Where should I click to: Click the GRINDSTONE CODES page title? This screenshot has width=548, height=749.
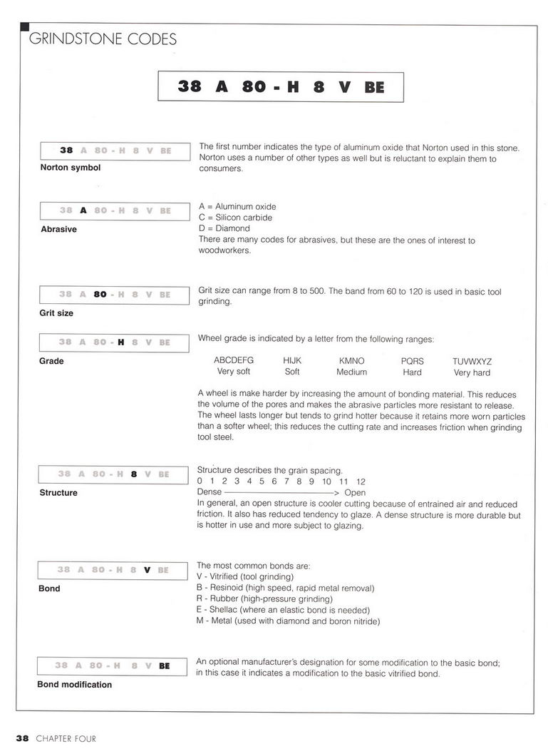click(x=102, y=40)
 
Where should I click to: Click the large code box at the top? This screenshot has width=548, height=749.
click(x=281, y=86)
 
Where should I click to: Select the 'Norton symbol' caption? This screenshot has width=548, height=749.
click(x=70, y=168)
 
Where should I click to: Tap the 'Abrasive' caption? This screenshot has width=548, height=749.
click(x=58, y=230)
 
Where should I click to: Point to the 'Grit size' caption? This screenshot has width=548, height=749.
click(x=56, y=313)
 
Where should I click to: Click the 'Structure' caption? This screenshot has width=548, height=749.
click(x=58, y=493)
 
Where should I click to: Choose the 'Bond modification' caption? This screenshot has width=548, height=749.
click(x=74, y=685)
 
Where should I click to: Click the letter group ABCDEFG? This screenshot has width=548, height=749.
click(x=234, y=361)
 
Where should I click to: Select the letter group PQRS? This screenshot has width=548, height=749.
click(x=412, y=361)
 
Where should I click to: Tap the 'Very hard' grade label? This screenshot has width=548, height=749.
click(x=472, y=372)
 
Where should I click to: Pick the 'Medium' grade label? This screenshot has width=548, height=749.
click(x=351, y=372)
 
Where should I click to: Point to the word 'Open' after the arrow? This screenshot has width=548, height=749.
click(x=354, y=492)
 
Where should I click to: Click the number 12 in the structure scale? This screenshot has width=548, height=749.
click(x=361, y=481)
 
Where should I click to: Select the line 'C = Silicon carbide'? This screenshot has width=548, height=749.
click(x=235, y=218)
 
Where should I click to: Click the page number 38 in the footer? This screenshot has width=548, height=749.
click(x=23, y=739)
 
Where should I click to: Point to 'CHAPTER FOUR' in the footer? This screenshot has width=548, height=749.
click(x=66, y=739)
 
